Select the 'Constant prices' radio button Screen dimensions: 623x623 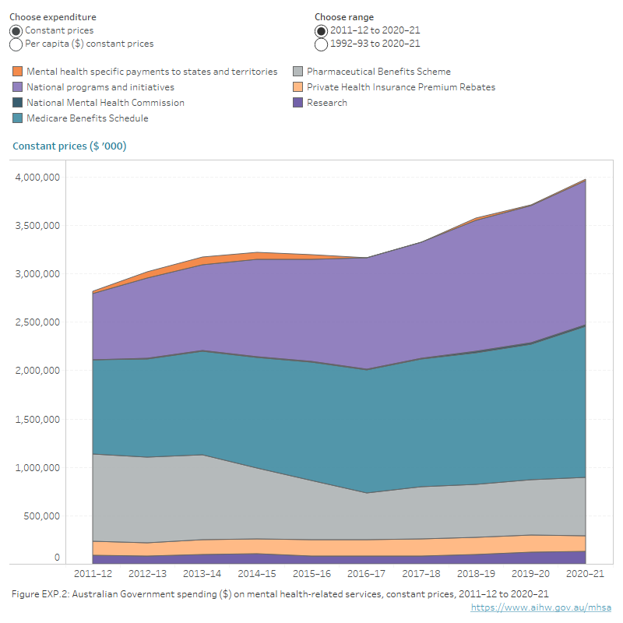pyautogui.click(x=16, y=30)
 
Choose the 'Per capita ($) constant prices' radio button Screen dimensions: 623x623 pyautogui.click(x=16, y=44)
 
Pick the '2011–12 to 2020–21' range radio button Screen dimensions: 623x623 pyautogui.click(x=322, y=30)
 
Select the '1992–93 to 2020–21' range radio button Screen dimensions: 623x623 pyautogui.click(x=322, y=44)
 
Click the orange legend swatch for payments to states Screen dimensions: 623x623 pyautogui.click(x=18, y=72)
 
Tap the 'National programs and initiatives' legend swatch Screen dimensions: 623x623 pyautogui.click(x=18, y=87)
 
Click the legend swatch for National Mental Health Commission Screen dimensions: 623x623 pyautogui.click(x=18, y=103)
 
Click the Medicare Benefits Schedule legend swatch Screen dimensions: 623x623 pyautogui.click(x=18, y=118)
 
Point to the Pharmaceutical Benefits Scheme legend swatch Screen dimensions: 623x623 pyautogui.click(x=298, y=72)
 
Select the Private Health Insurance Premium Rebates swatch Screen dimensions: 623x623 pyautogui.click(x=298, y=87)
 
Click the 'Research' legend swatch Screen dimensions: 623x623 pyautogui.click(x=298, y=103)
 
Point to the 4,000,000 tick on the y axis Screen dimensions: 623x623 pyautogui.click(x=37, y=178)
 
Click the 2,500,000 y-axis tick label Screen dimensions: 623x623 pyautogui.click(x=37, y=322)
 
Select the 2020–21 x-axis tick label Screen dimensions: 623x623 pyautogui.click(x=584, y=575)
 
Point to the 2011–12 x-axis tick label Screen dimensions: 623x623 pyautogui.click(x=92, y=575)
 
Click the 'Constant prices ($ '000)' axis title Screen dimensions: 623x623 pyautogui.click(x=69, y=146)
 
